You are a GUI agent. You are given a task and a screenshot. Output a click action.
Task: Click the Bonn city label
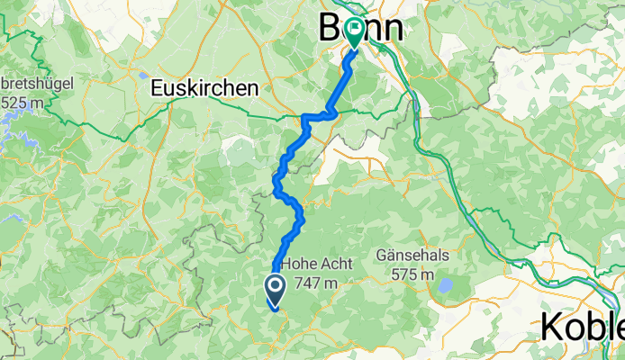click(x=360, y=29)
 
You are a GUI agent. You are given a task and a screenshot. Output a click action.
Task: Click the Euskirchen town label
click(x=204, y=88)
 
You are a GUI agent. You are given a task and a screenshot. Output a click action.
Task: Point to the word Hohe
click(x=299, y=265)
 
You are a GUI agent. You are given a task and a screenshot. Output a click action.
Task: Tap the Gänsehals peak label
click(x=426, y=256)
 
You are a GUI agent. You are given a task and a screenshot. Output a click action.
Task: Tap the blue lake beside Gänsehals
click(x=443, y=287)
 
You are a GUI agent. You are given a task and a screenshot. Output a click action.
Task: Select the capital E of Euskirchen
click(x=157, y=88)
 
